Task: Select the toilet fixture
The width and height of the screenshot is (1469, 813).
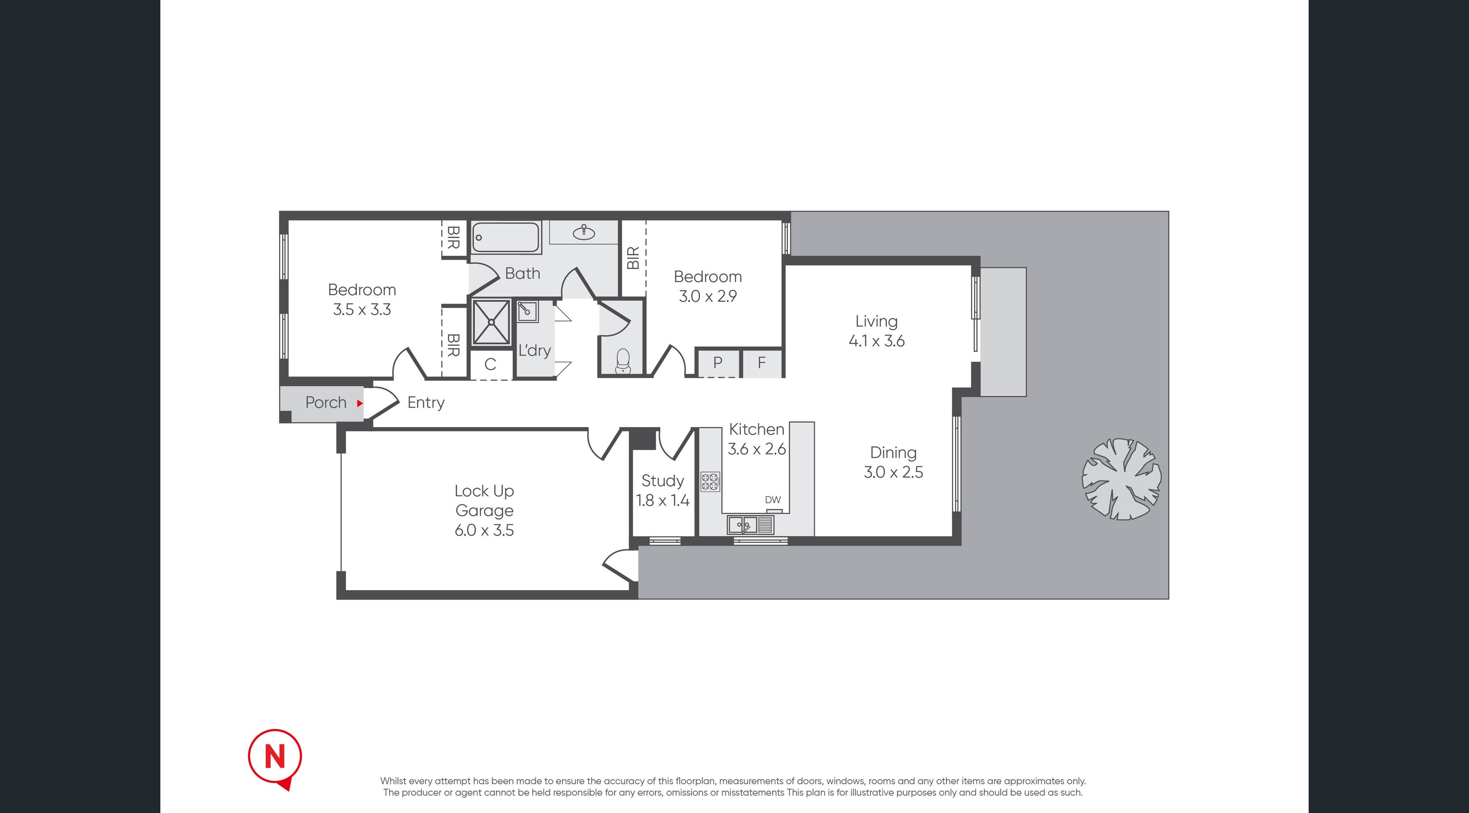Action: coord(623,361)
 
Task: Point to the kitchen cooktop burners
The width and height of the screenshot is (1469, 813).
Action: coord(710,481)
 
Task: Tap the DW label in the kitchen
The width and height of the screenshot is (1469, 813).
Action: coord(773,500)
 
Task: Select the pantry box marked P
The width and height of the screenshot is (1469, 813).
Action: coord(718,362)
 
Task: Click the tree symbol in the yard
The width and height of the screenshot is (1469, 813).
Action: coord(1121,478)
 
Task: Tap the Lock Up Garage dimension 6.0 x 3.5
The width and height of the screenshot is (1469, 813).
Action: coord(484,530)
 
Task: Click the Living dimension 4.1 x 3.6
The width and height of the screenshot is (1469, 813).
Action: coord(877,340)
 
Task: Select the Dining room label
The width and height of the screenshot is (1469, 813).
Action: coord(894,452)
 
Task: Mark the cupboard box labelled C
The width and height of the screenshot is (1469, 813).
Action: coord(490,364)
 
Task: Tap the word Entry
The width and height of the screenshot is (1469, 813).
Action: coord(426,403)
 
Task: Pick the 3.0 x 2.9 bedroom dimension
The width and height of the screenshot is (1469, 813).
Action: coord(708,296)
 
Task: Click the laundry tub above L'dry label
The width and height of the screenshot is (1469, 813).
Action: coord(528,312)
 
